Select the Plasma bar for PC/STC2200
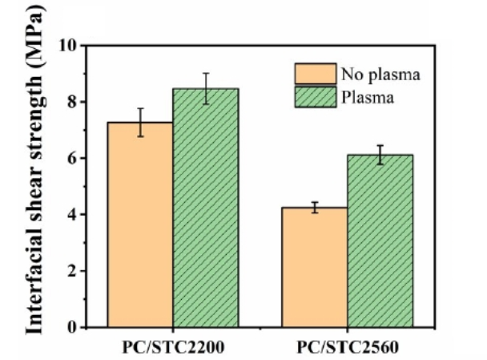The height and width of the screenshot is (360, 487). [206, 208]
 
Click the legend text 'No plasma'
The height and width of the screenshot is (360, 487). [380, 75]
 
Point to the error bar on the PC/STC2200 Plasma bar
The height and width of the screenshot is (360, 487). [206, 88]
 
